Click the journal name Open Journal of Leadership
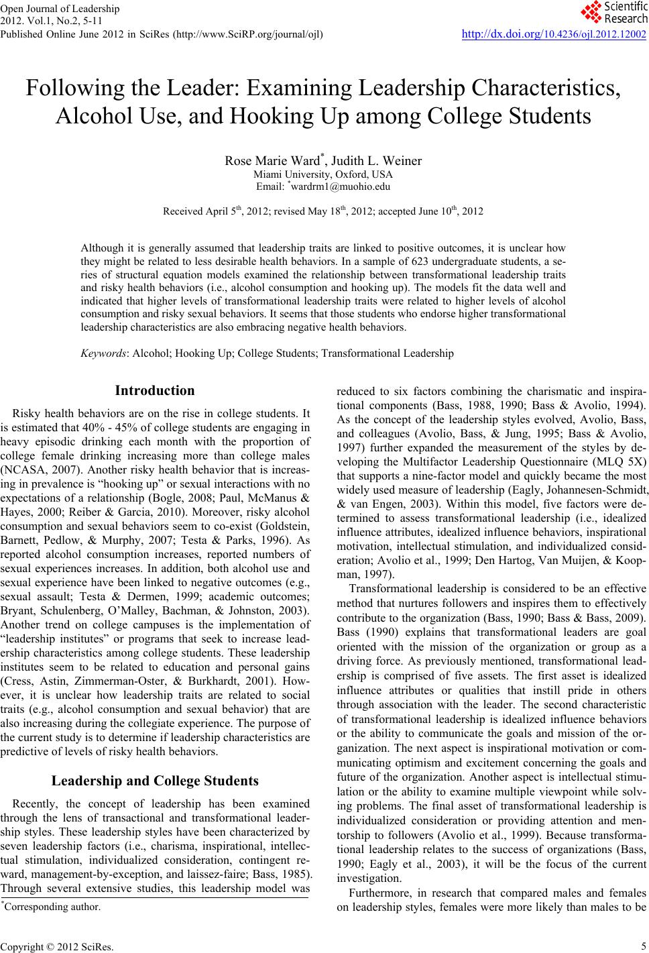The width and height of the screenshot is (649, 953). coord(61,9)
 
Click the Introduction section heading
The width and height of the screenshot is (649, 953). coord(155,390)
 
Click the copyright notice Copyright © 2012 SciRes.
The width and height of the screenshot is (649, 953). coord(57,946)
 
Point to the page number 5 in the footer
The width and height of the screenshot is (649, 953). coord(642,946)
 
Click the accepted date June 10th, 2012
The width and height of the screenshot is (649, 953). coord(446,211)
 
